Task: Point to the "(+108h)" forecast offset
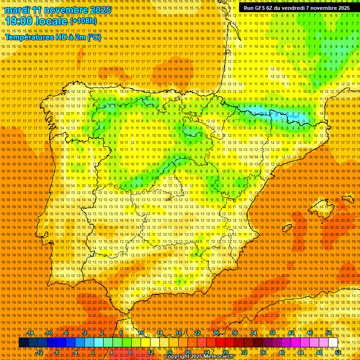(x=83, y=21)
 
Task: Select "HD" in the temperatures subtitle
(x=67, y=37)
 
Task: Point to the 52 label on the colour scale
(x=338, y=352)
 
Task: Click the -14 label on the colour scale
(x=30, y=333)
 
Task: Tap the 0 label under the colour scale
(x=93, y=352)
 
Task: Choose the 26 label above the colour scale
(x=216, y=333)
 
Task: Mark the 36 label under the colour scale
(x=262, y=352)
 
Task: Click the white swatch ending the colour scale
(x=333, y=343)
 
